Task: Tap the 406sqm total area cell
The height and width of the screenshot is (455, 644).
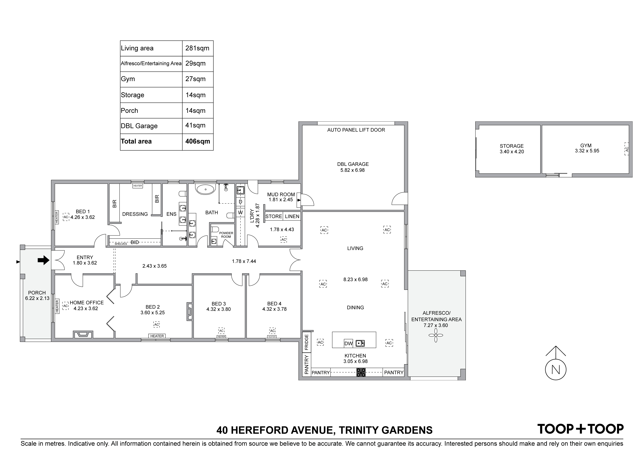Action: (x=198, y=141)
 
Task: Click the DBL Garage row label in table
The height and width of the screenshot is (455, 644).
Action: (x=139, y=126)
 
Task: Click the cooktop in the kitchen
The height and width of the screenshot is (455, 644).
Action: (x=361, y=372)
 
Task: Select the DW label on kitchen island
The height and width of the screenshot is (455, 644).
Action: (x=348, y=343)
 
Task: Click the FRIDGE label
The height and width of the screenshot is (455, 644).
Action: (x=307, y=342)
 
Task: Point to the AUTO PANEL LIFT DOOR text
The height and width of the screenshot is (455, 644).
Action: (x=356, y=130)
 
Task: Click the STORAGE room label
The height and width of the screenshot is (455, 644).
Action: (x=512, y=146)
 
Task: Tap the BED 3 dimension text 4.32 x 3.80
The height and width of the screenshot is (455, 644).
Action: (x=218, y=309)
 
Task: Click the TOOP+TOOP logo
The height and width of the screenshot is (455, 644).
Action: (x=580, y=429)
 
